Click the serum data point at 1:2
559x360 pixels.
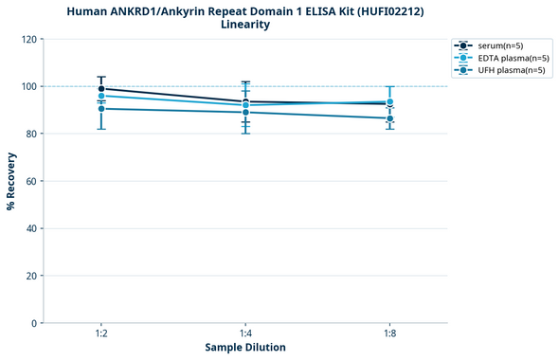tap(101, 88)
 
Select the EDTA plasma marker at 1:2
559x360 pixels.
tap(101, 96)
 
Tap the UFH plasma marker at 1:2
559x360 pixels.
tap(101, 109)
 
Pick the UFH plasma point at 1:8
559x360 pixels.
tap(389, 118)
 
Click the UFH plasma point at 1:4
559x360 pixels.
tap(245, 113)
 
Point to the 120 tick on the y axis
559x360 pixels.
tap(28, 39)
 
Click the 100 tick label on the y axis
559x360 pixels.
tap(28, 86)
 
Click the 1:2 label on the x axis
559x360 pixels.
tap(101, 334)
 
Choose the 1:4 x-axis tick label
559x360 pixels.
tap(245, 334)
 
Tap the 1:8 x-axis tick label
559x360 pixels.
tap(389, 334)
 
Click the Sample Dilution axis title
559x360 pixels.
tap(245, 348)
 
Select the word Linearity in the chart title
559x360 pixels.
tap(245, 25)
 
